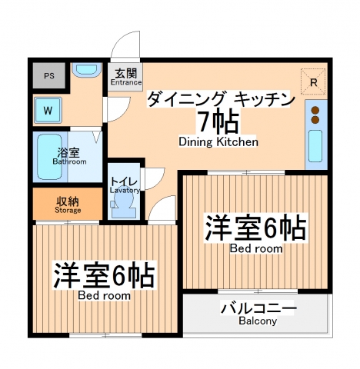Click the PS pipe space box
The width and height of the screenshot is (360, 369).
click(48, 76)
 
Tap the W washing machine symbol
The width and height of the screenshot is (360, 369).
click(48, 110)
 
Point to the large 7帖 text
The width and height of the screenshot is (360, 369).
click(218, 121)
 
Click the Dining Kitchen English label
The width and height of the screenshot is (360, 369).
click(218, 142)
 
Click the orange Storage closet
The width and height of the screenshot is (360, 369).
click(68, 204)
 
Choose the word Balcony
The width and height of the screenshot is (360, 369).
click(258, 321)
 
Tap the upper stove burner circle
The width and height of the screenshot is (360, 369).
click(315, 108)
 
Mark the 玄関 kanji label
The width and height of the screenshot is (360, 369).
click(126, 73)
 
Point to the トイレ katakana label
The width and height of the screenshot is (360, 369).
click(123, 181)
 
